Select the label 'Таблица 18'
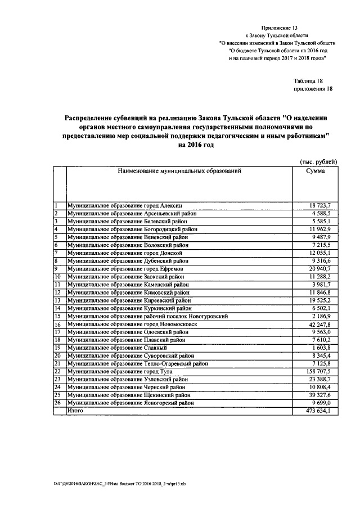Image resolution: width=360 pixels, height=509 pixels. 308,81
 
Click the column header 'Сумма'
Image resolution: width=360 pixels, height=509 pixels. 314,171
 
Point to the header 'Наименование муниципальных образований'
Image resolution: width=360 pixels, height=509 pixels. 179,171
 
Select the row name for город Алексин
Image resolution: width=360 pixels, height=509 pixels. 124,206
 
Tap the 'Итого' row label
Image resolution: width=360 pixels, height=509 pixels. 75,411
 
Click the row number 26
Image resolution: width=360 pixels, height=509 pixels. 57,403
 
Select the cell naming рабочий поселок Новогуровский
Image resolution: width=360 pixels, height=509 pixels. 147,317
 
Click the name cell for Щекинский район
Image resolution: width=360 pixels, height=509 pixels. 128,395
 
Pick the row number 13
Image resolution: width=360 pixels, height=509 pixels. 57,301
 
